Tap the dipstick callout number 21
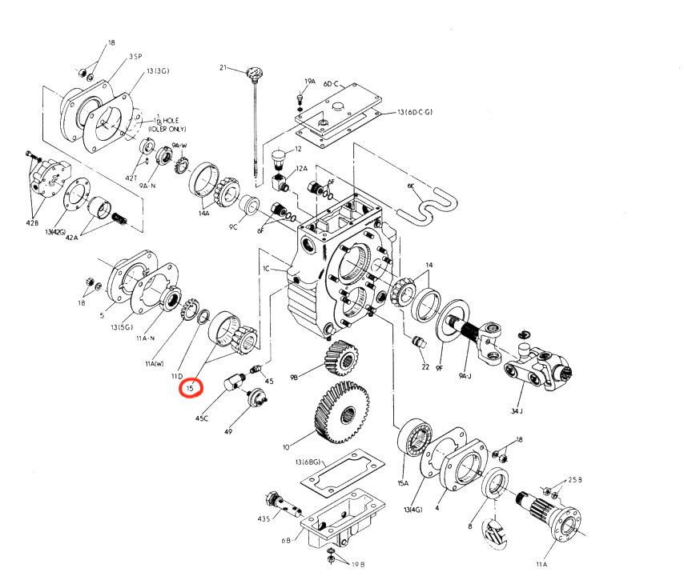click(224, 68)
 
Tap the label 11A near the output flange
click(541, 565)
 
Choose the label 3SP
click(135, 57)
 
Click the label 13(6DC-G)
click(415, 112)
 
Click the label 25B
click(575, 480)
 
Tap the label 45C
click(203, 418)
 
